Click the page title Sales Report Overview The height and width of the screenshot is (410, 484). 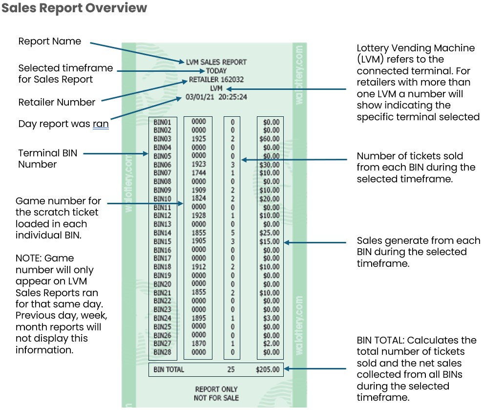[74, 8]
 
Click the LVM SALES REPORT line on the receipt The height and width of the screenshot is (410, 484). [216, 62]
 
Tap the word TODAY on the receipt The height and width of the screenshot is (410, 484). [216, 71]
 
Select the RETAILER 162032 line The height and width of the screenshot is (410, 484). [216, 79]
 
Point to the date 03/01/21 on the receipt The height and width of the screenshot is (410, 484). [200, 97]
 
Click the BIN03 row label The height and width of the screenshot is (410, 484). [162, 139]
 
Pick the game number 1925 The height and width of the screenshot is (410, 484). [199, 139]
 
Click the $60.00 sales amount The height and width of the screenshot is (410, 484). [270, 139]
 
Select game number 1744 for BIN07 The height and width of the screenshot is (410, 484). [199, 173]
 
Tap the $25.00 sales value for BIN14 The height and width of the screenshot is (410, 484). [270, 233]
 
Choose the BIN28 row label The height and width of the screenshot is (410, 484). [162, 352]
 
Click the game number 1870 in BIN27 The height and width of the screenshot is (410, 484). [199, 344]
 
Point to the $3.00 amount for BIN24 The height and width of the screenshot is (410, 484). [271, 318]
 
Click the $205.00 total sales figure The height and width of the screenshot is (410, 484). [269, 369]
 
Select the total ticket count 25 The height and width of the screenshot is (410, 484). [231, 369]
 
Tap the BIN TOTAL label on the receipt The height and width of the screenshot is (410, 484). [168, 369]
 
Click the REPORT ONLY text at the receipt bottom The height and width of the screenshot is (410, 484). [216, 389]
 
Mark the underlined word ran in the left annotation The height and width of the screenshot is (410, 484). [101, 124]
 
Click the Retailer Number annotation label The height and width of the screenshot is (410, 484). [57, 102]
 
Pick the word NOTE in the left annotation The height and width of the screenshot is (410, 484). [28, 258]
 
